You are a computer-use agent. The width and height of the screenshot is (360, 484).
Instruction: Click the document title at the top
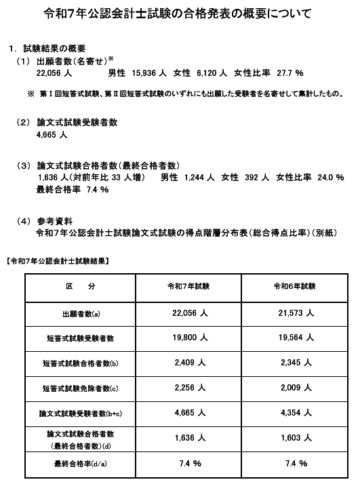(179, 13)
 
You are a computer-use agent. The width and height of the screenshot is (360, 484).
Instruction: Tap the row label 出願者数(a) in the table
(81, 314)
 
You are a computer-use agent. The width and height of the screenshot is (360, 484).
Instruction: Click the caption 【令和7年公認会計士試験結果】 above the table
(58, 260)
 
